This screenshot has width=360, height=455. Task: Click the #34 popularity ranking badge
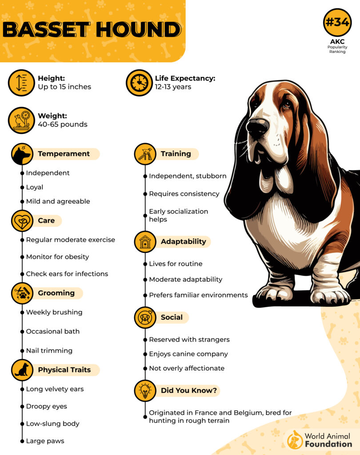tap(337, 22)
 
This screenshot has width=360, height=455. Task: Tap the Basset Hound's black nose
tap(257, 128)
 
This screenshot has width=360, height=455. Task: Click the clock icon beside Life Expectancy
tap(139, 83)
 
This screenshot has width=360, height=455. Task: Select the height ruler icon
tap(21, 83)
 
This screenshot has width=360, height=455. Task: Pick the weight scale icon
tap(21, 120)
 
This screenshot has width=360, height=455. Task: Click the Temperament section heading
tap(64, 154)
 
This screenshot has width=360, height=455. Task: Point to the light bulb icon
tap(145, 391)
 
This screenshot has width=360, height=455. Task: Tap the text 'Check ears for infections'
tap(67, 274)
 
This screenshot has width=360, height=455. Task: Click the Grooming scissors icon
tap(22, 293)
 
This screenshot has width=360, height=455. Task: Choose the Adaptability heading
tap(183, 242)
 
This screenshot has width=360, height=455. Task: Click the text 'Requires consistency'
tap(184, 194)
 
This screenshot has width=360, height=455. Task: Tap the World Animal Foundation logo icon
tap(295, 439)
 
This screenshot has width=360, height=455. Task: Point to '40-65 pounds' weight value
tap(63, 124)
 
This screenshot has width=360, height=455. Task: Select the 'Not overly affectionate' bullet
tap(187, 368)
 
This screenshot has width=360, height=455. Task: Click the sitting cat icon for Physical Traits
tap(22, 370)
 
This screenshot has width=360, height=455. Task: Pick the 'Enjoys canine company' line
tap(188, 354)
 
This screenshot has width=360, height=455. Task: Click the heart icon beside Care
tap(22, 221)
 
